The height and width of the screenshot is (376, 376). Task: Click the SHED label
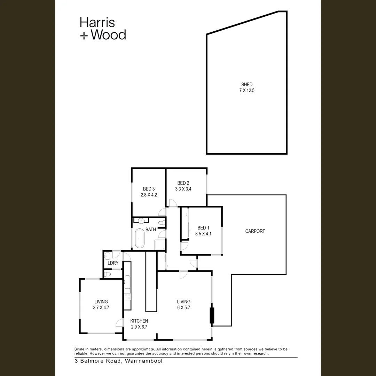click(247, 85)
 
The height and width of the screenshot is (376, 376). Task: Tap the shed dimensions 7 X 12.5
click(247, 91)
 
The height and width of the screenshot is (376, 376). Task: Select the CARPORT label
click(255, 231)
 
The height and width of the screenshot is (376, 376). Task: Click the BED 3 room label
click(149, 189)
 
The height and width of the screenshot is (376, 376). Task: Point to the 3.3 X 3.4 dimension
click(183, 189)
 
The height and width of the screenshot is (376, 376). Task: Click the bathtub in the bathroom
click(140, 238)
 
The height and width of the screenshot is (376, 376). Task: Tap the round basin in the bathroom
click(141, 221)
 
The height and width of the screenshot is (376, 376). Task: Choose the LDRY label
click(113, 263)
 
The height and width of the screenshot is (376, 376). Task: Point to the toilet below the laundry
click(108, 275)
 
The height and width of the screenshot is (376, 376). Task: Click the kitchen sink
click(127, 282)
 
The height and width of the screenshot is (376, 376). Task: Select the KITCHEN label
click(139, 321)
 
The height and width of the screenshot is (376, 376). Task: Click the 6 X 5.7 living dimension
click(183, 307)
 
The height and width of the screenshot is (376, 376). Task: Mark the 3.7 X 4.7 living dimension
click(101, 307)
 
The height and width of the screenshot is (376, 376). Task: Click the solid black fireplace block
click(211, 315)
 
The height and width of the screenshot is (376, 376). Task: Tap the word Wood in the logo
click(108, 35)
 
